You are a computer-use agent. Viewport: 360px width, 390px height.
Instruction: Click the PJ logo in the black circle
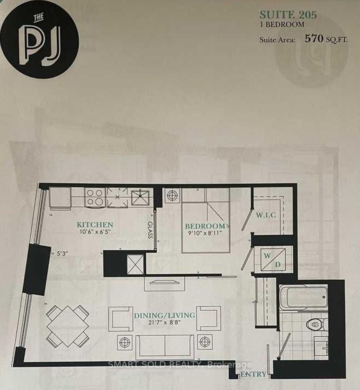point(39,39)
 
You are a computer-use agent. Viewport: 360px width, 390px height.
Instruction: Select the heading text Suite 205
point(288,15)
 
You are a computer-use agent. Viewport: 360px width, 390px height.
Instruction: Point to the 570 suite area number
point(314,39)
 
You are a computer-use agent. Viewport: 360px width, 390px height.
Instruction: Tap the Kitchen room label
point(95,225)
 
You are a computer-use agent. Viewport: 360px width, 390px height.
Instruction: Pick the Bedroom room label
point(205,226)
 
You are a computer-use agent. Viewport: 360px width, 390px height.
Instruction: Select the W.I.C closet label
point(265,215)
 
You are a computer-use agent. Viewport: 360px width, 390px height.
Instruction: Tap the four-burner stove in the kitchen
point(95,197)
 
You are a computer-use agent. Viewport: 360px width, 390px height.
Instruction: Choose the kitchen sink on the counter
point(142,196)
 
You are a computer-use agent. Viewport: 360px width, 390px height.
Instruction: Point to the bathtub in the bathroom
point(304,298)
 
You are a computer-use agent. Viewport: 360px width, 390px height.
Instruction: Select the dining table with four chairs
point(67,326)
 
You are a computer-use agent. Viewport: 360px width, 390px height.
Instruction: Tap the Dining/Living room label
point(164,316)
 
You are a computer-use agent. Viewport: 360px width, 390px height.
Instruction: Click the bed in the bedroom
point(206,222)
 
